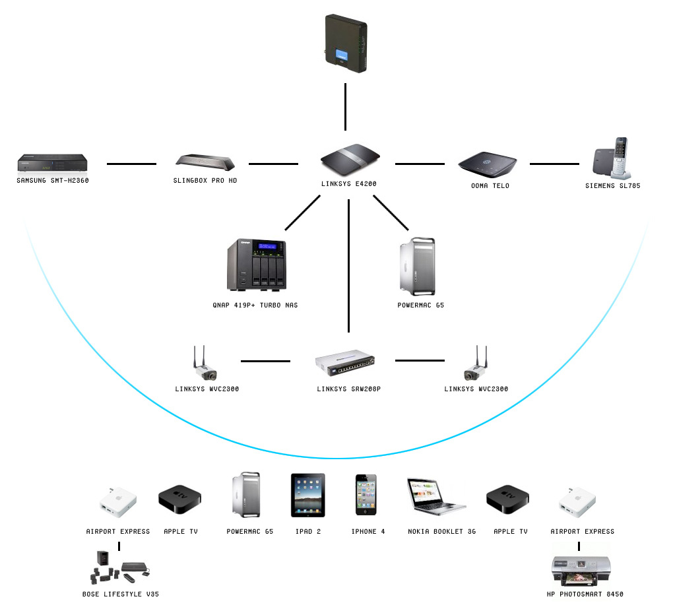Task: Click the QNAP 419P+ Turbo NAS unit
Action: click(258, 264)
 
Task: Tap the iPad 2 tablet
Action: click(307, 495)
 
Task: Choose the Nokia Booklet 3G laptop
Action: click(435, 495)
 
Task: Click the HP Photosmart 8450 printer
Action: click(579, 571)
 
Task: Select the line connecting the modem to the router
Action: click(344, 107)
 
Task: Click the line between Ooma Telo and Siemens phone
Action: click(554, 164)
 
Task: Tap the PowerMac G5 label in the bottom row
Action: click(249, 531)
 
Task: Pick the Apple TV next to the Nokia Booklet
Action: click(507, 499)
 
